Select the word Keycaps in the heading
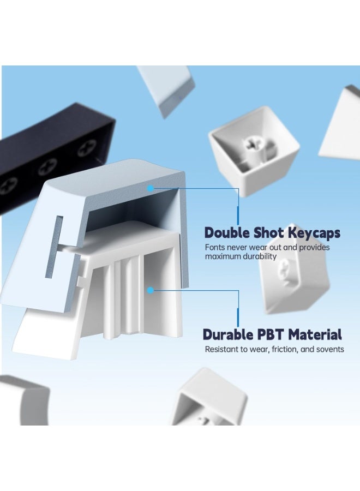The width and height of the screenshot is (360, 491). click(314, 233)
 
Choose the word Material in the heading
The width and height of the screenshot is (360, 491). click(315, 334)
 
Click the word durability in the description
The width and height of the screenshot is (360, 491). click(261, 257)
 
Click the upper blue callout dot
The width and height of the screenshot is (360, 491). click(151, 188)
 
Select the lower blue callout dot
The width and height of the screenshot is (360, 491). click(151, 290)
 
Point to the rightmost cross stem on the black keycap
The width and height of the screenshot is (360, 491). click(85, 149)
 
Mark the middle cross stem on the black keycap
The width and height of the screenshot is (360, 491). click(47, 167)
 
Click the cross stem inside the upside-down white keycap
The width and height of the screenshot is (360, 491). click(253, 144)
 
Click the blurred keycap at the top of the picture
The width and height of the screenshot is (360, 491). click(166, 89)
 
